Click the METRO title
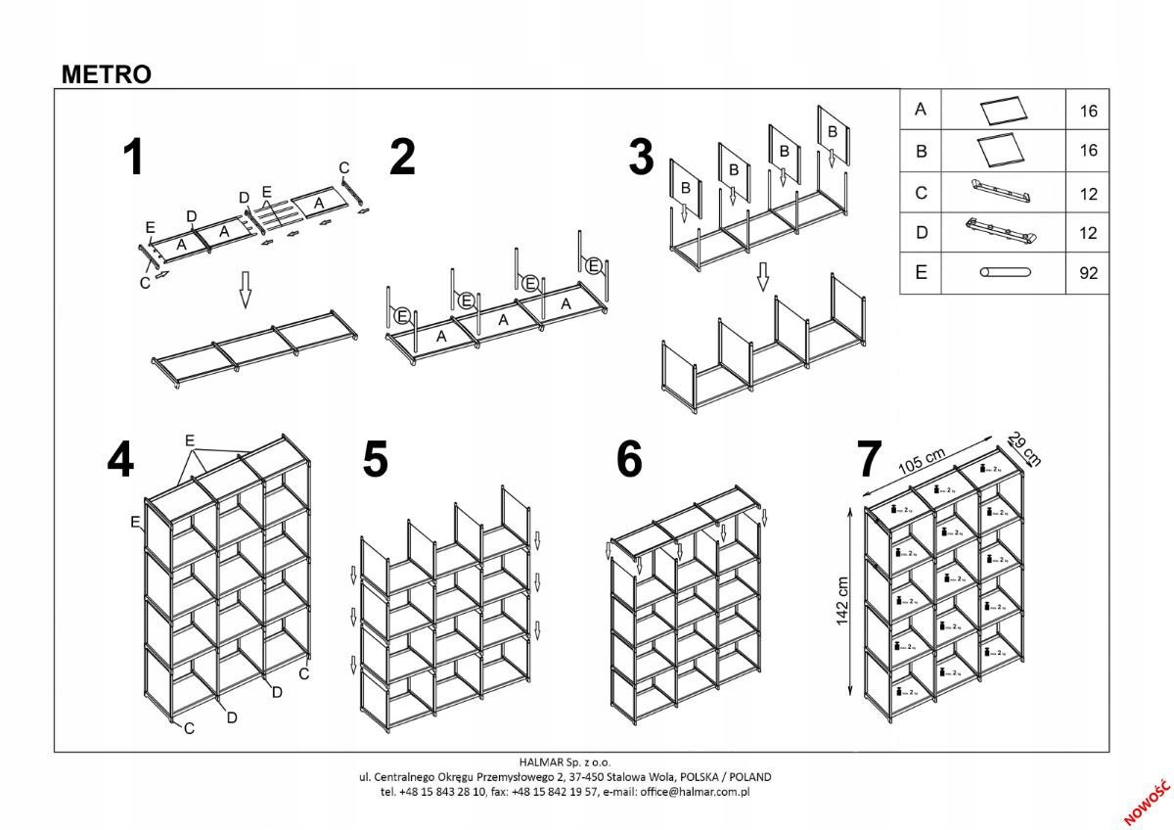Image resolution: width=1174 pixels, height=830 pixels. (x=107, y=74)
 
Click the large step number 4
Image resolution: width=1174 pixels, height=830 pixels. (x=120, y=460)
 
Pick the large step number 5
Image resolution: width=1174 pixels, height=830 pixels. (x=375, y=460)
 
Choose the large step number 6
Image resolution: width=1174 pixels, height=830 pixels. (x=630, y=460)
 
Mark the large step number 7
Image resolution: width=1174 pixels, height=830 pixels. (x=871, y=460)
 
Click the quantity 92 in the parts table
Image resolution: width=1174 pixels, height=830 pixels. (x=1088, y=274)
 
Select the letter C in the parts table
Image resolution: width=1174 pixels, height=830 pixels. (x=920, y=193)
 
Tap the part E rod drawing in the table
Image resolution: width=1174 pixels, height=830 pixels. (x=1002, y=273)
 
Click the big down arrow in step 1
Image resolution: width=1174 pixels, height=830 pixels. (x=246, y=290)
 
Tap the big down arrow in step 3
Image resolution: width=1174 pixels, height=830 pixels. (x=763, y=277)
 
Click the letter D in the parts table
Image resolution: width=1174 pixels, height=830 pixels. (x=920, y=233)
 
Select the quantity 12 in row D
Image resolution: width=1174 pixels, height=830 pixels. (x=1088, y=233)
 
